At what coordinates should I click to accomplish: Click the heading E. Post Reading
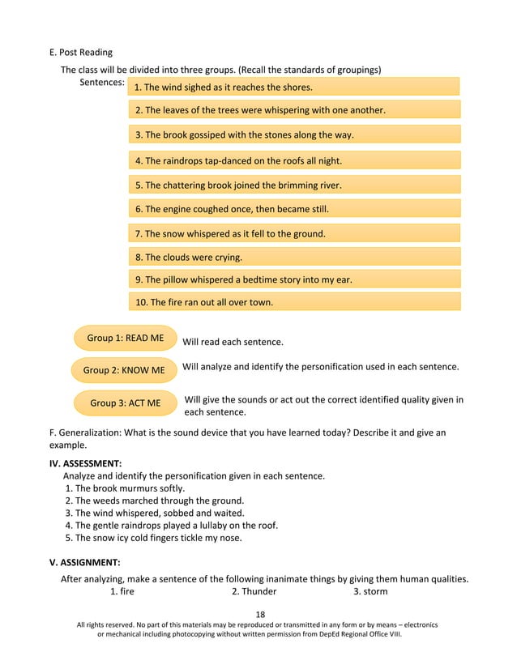[x=81, y=53]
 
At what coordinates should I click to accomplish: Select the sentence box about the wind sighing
[x=294, y=87]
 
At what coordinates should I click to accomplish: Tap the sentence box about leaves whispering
[x=294, y=110]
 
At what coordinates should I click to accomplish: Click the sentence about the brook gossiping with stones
[x=294, y=134]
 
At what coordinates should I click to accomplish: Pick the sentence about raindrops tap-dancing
[x=294, y=160]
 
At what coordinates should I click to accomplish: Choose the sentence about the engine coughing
[x=294, y=209]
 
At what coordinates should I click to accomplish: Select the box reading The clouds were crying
[x=294, y=258]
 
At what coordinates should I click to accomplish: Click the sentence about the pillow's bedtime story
[x=294, y=279]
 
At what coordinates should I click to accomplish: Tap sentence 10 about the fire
[x=294, y=302]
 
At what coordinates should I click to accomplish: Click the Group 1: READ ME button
[x=125, y=338]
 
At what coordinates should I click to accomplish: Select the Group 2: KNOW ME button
[x=124, y=370]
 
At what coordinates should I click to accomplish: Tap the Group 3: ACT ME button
[x=125, y=403]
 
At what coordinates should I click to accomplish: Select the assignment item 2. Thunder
[x=254, y=591]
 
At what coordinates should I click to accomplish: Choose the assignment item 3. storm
[x=370, y=591]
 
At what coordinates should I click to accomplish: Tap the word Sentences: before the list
[x=102, y=83]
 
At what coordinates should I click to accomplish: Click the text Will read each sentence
[x=233, y=343]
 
